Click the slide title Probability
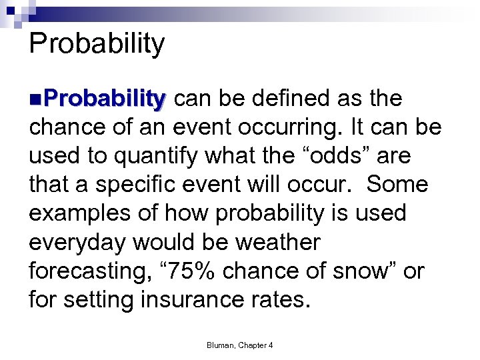[x=97, y=44]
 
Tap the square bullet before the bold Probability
[x=34, y=99]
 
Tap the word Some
[x=397, y=185]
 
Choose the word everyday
[x=77, y=243]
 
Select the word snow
[x=365, y=271]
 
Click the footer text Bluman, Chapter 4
[x=239, y=345]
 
